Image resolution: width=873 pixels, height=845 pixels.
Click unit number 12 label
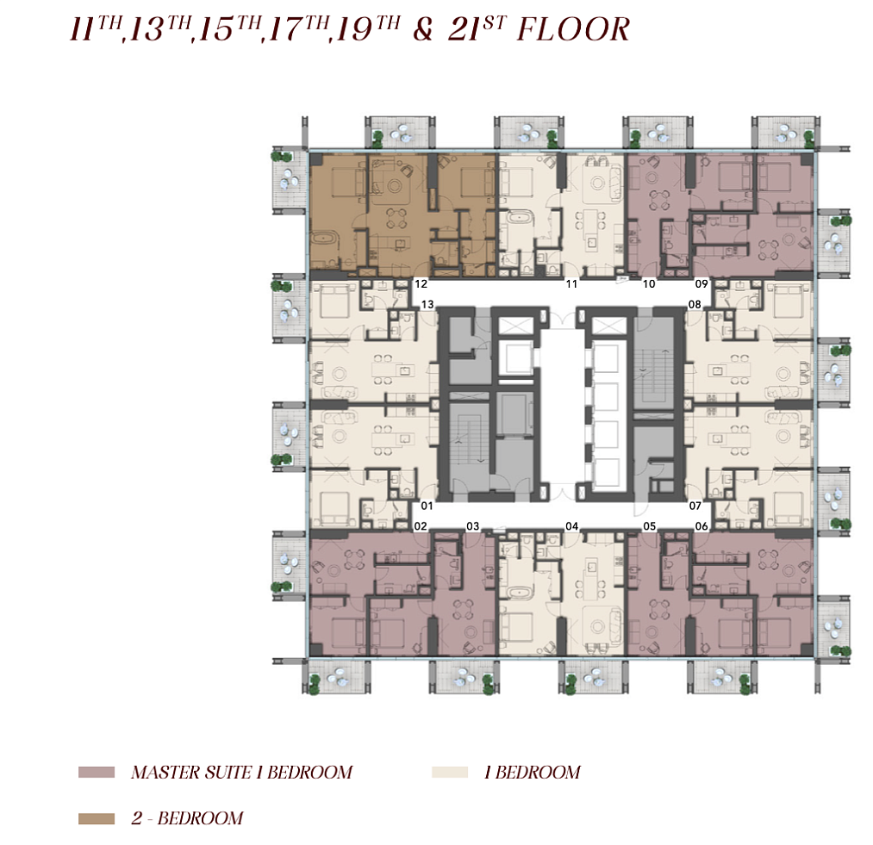pyautogui.click(x=421, y=284)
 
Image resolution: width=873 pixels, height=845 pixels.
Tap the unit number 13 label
pyautogui.click(x=427, y=304)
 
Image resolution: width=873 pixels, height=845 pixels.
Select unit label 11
pyautogui.click(x=571, y=284)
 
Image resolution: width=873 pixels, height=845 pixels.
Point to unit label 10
pyautogui.click(x=649, y=284)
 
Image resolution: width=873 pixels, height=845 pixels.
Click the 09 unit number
pyautogui.click(x=701, y=284)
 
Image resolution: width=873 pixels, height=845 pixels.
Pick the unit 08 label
pyautogui.click(x=695, y=304)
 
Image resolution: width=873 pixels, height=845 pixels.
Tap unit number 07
pyautogui.click(x=695, y=506)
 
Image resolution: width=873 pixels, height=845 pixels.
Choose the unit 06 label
pyautogui.click(x=702, y=526)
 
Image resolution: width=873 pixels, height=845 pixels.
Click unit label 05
pyautogui.click(x=649, y=526)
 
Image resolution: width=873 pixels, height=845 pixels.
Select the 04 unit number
pyautogui.click(x=571, y=526)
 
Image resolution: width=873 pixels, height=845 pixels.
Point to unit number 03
pyautogui.click(x=472, y=526)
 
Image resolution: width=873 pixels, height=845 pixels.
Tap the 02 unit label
pyautogui.click(x=421, y=526)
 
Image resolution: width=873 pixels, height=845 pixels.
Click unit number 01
pyautogui.click(x=427, y=506)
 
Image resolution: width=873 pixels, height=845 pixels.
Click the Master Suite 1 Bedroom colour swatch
pyautogui.click(x=97, y=772)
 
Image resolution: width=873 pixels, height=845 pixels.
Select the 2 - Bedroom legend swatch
pyautogui.click(x=97, y=818)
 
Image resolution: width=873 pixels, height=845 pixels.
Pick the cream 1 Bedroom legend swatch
pyautogui.click(x=450, y=772)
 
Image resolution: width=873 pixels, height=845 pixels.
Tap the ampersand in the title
pyautogui.click(x=423, y=30)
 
